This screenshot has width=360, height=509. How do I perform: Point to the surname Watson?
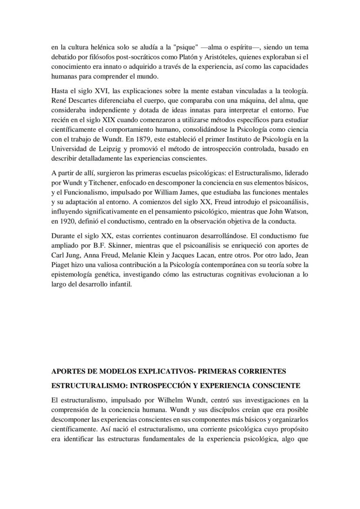point(297,212)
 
